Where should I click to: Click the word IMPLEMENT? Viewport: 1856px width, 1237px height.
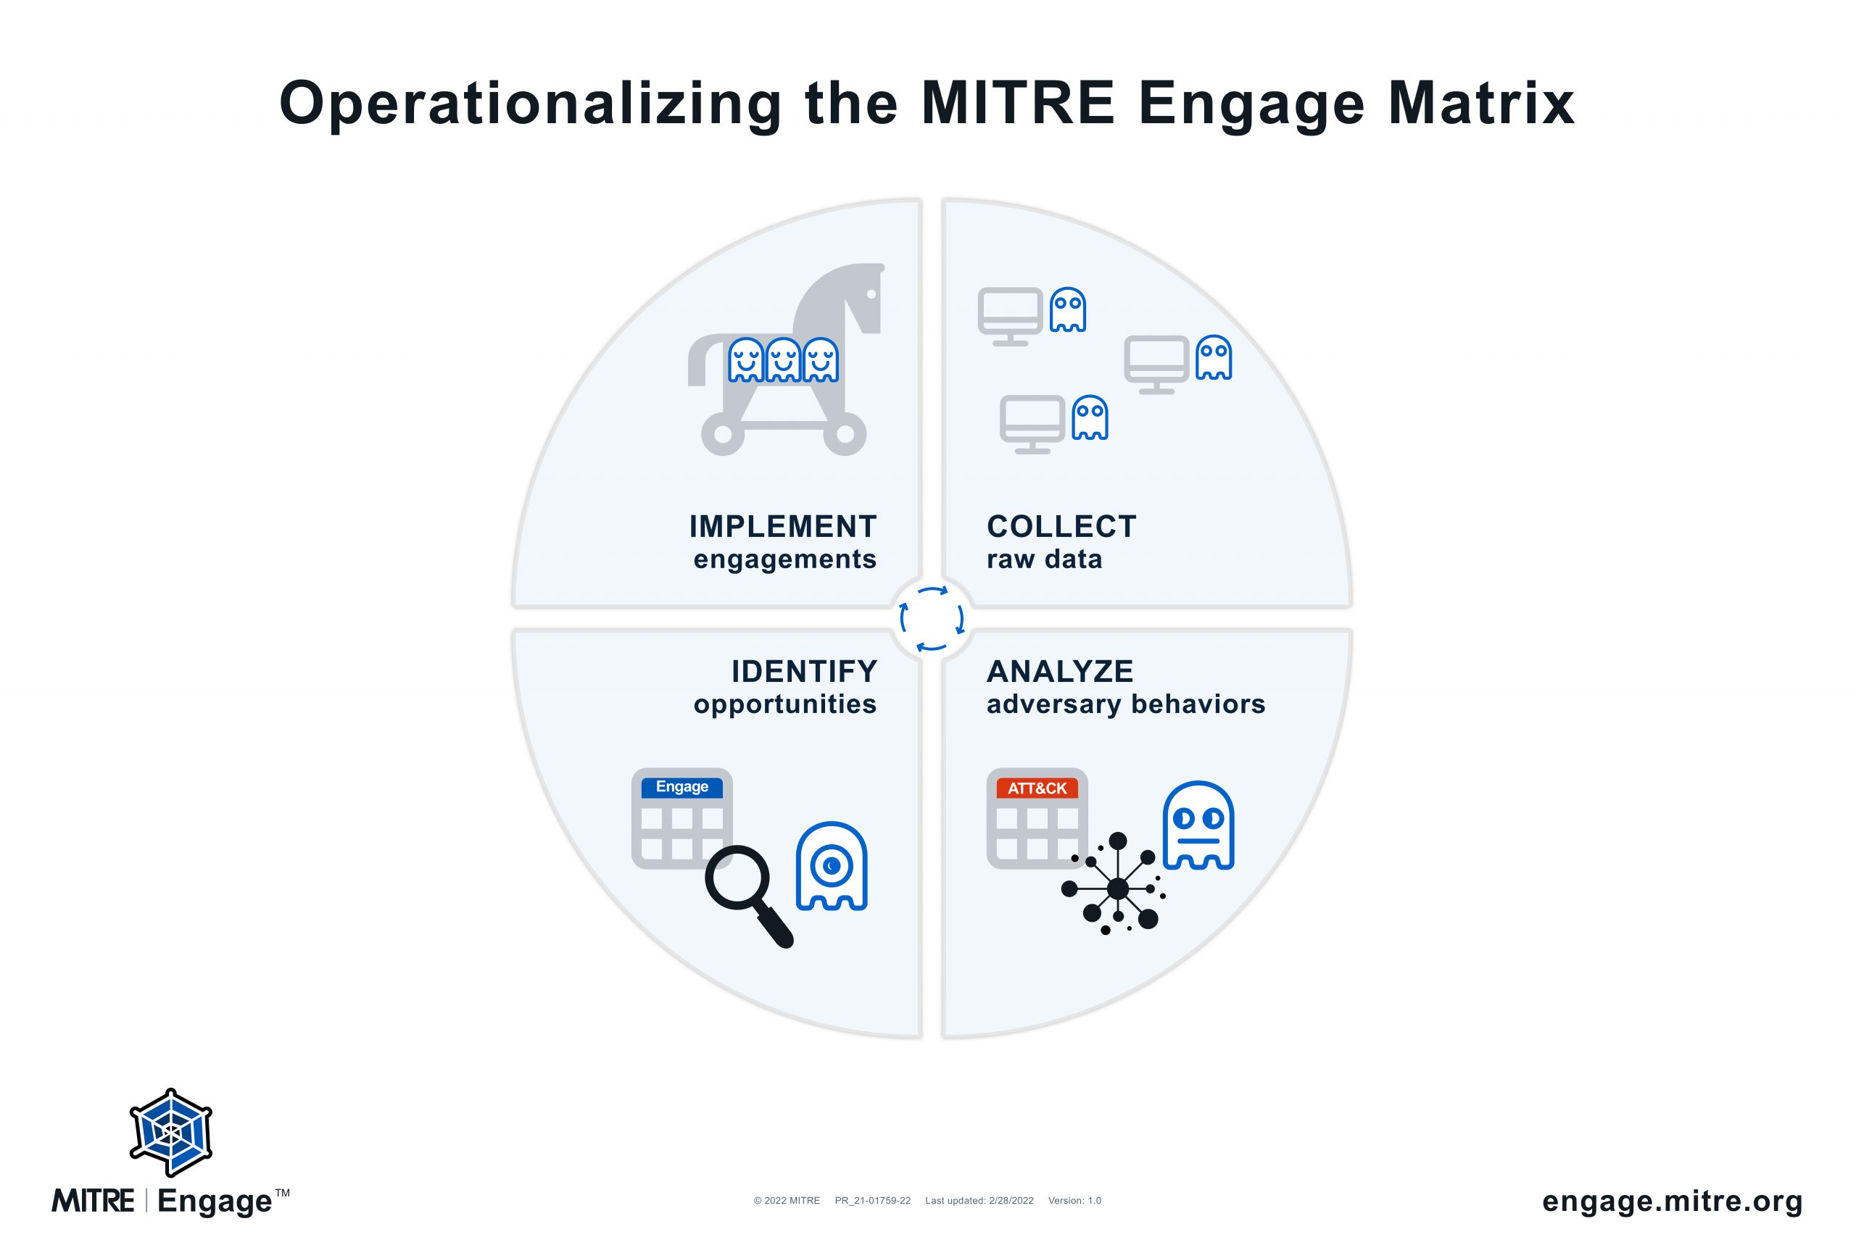(x=783, y=526)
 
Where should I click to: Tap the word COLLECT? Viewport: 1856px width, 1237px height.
(x=1061, y=526)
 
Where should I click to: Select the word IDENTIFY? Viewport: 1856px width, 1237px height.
(x=804, y=671)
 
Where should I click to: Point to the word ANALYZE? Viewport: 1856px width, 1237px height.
(x=1060, y=671)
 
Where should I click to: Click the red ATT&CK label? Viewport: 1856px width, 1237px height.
(x=1037, y=788)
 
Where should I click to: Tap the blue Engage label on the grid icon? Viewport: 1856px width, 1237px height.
(x=681, y=787)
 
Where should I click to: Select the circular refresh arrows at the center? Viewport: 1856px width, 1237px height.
(x=932, y=619)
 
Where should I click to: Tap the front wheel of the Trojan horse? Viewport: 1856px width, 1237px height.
(x=845, y=434)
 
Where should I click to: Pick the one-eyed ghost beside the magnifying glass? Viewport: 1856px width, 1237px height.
(x=832, y=866)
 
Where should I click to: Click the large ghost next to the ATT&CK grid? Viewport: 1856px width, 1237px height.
(x=1198, y=825)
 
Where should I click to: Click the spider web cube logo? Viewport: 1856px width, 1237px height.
(x=171, y=1133)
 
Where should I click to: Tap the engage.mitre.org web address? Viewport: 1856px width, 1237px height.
(x=1672, y=1201)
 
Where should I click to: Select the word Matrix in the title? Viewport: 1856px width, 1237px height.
(x=1481, y=104)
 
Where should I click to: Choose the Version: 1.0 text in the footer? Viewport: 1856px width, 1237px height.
(x=1074, y=1201)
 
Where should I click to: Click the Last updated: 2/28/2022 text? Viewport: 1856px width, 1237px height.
(x=979, y=1201)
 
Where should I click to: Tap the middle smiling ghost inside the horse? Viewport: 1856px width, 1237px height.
(x=784, y=361)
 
